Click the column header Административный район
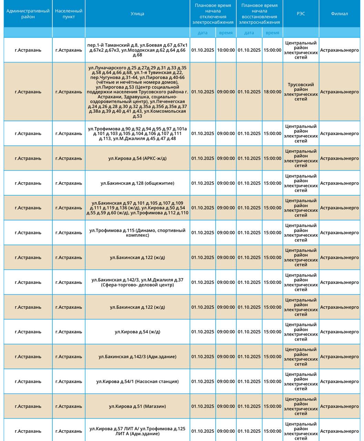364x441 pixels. tap(28, 14)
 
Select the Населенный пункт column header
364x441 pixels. tap(69, 14)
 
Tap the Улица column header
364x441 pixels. tap(137, 14)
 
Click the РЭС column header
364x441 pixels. tap(301, 14)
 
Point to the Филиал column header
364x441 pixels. tap(339, 14)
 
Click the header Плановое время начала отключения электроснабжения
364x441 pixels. tap(213, 14)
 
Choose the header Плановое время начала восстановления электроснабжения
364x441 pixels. tap(259, 14)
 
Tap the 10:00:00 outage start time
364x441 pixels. tap(226, 50)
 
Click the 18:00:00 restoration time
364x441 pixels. tap(272, 92)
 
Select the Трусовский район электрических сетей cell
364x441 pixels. tap(301, 92)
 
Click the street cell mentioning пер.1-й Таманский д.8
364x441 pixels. tap(137, 50)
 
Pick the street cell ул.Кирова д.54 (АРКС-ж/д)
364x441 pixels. tap(137, 158)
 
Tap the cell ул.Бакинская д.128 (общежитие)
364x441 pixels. tap(137, 183)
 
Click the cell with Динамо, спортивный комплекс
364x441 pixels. tap(137, 233)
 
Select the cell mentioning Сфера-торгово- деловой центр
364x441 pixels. tap(137, 283)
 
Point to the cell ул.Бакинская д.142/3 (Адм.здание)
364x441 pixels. tap(137, 357)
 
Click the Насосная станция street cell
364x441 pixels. tap(137, 382)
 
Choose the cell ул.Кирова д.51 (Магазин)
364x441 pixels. tap(137, 407)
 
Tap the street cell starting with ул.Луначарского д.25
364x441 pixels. tap(137, 92)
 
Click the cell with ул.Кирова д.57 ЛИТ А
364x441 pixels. tap(137, 431)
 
